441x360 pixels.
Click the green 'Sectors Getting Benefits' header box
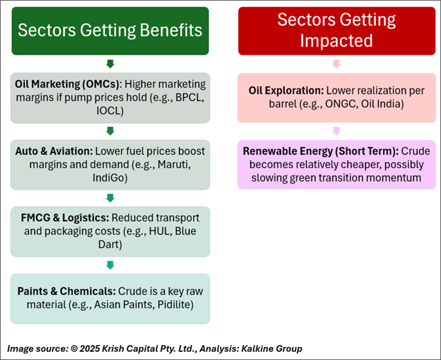(x=110, y=31)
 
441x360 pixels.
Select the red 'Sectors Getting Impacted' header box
(x=337, y=31)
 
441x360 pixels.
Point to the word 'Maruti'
(x=174, y=164)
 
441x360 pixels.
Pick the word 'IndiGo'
(x=110, y=178)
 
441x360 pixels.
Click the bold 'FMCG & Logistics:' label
(x=65, y=217)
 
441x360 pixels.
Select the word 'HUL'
(x=160, y=231)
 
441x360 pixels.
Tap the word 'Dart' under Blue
(x=110, y=244)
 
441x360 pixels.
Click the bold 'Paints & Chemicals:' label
(x=66, y=291)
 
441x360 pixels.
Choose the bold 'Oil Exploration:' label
(x=287, y=90)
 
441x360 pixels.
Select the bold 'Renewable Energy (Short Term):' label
(x=321, y=151)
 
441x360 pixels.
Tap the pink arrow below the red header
(x=336, y=64)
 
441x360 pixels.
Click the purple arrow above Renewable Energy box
(x=336, y=131)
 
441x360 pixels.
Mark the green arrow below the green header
(x=110, y=64)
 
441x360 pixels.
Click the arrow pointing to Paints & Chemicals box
(x=110, y=265)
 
